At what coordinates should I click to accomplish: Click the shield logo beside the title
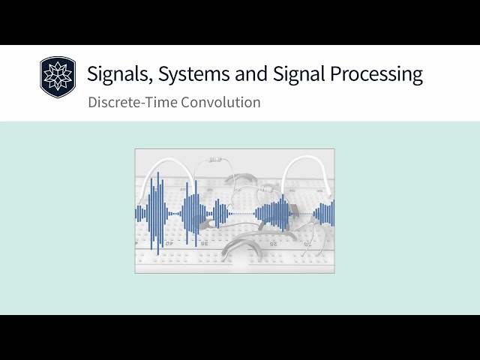58,78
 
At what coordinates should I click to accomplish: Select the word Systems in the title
178,74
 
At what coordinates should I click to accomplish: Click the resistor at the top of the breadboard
217,159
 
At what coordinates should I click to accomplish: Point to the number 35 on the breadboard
204,243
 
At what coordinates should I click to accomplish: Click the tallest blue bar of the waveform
157,213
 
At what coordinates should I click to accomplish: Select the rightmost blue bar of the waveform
333,213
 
